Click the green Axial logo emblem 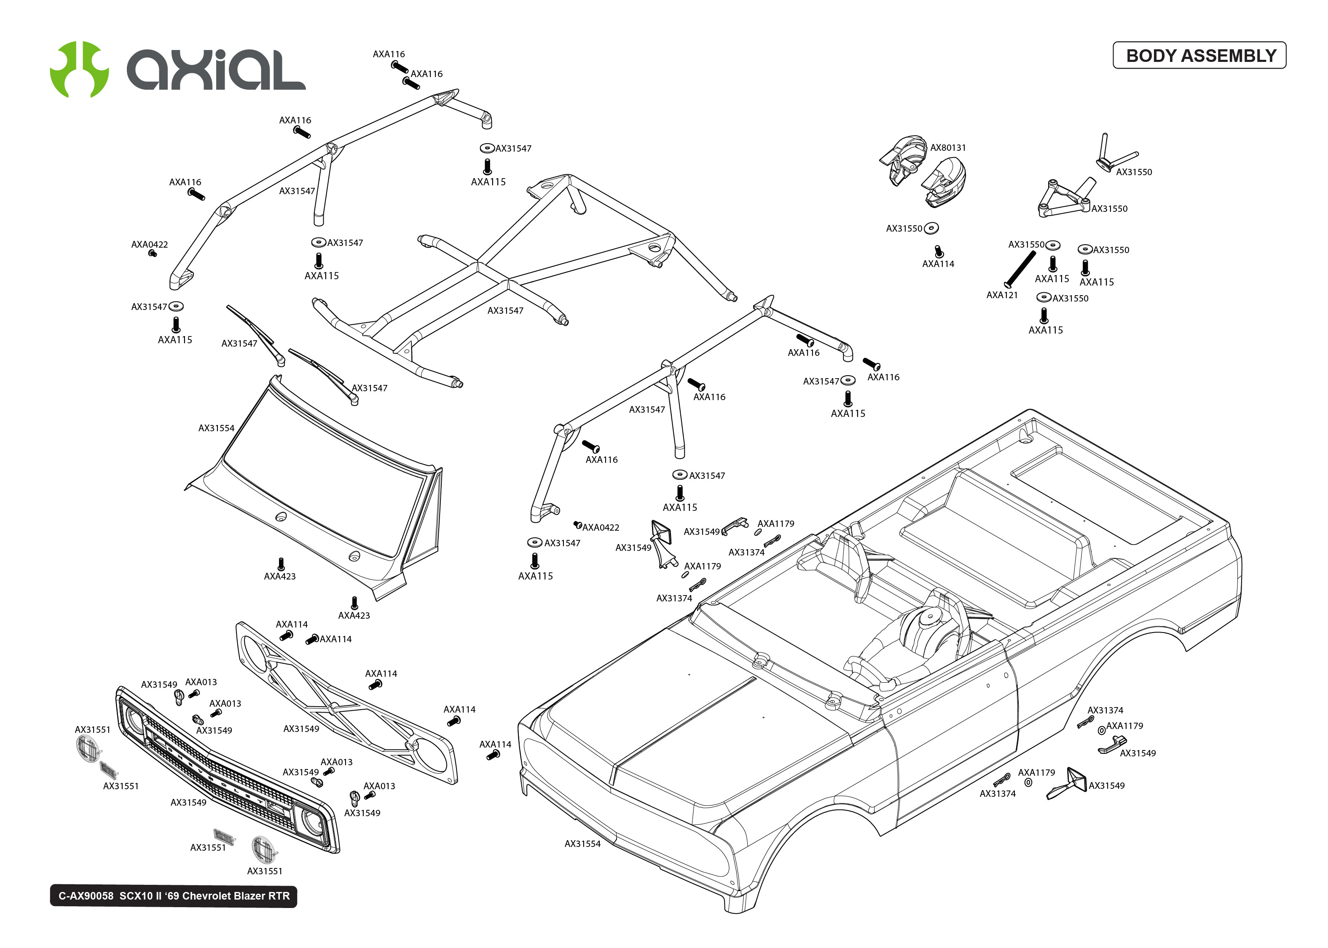coord(79,69)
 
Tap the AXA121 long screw coord(1019,269)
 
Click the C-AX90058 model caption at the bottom coord(174,896)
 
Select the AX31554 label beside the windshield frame coord(216,428)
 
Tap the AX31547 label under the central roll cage coord(505,310)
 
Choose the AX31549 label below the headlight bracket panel coord(301,729)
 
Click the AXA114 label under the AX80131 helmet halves coord(937,264)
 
